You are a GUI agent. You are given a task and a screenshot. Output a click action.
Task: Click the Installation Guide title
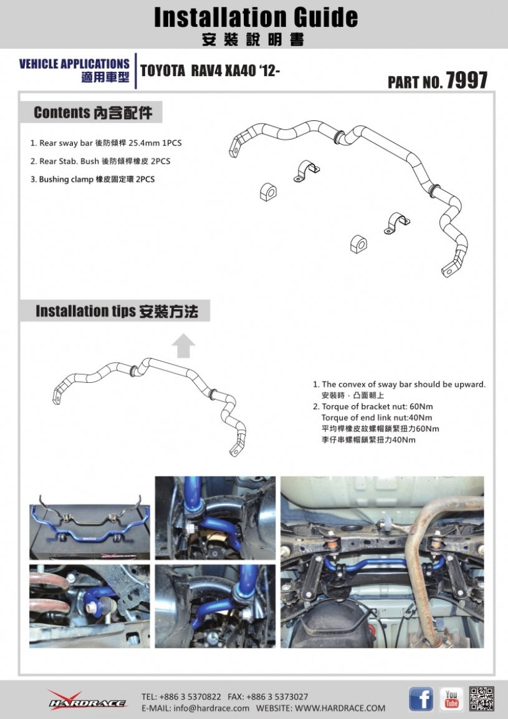click(256, 17)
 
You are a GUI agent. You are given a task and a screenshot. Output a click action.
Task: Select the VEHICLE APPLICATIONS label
click(74, 64)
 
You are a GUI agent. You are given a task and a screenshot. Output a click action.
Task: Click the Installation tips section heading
click(116, 311)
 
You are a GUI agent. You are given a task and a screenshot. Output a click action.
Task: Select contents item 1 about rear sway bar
click(106, 143)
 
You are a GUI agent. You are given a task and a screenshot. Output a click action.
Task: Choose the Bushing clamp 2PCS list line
click(97, 179)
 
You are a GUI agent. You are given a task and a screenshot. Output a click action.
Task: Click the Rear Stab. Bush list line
click(100, 161)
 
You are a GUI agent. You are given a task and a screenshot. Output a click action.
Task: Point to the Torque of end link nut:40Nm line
click(376, 418)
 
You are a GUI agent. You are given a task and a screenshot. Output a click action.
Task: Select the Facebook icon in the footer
click(421, 699)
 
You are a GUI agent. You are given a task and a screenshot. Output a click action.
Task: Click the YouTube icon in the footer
click(451, 699)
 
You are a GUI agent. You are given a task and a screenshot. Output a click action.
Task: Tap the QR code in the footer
click(482, 698)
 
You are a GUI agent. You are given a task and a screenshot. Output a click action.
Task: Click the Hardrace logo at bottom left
click(87, 699)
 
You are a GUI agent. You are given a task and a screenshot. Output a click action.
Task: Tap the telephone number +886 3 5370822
click(181, 696)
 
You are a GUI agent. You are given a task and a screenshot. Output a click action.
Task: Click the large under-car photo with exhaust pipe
click(381, 562)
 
